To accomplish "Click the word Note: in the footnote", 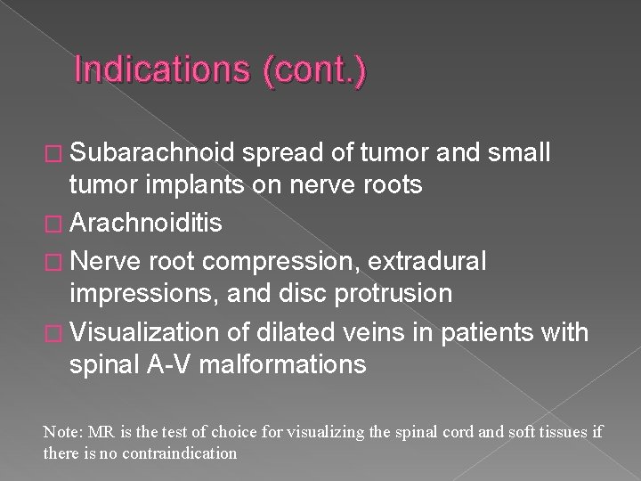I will [x=61, y=431].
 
